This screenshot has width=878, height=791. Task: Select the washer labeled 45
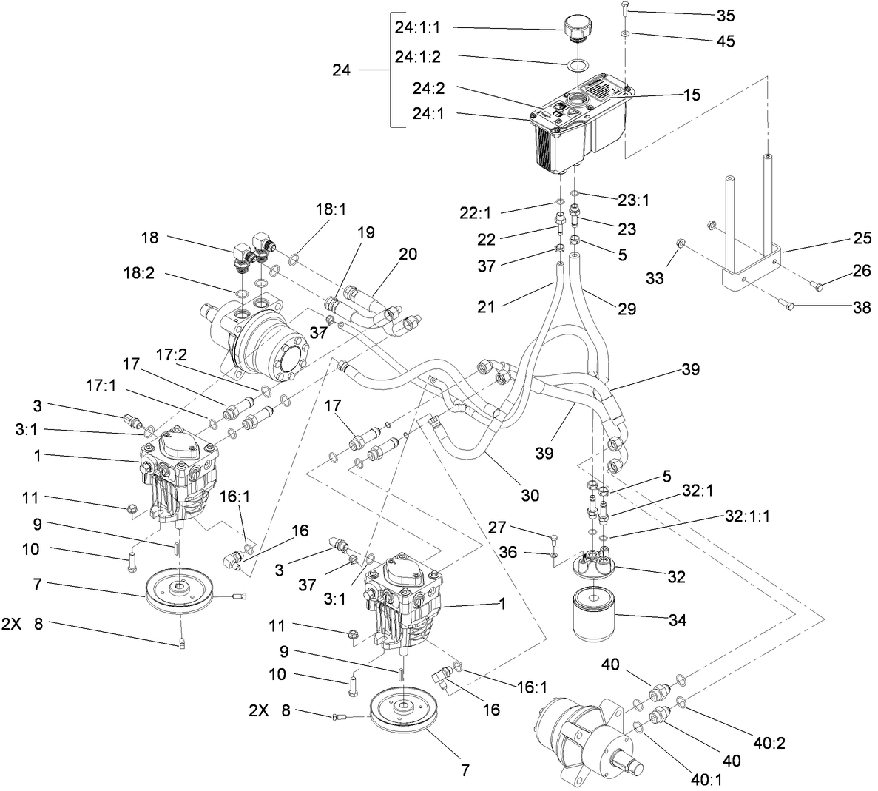(626, 34)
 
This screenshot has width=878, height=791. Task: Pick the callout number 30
(530, 495)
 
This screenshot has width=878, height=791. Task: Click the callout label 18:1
(331, 209)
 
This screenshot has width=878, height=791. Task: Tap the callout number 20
(408, 254)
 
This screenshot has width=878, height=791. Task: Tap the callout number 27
(497, 527)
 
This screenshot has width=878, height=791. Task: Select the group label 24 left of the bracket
(341, 71)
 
